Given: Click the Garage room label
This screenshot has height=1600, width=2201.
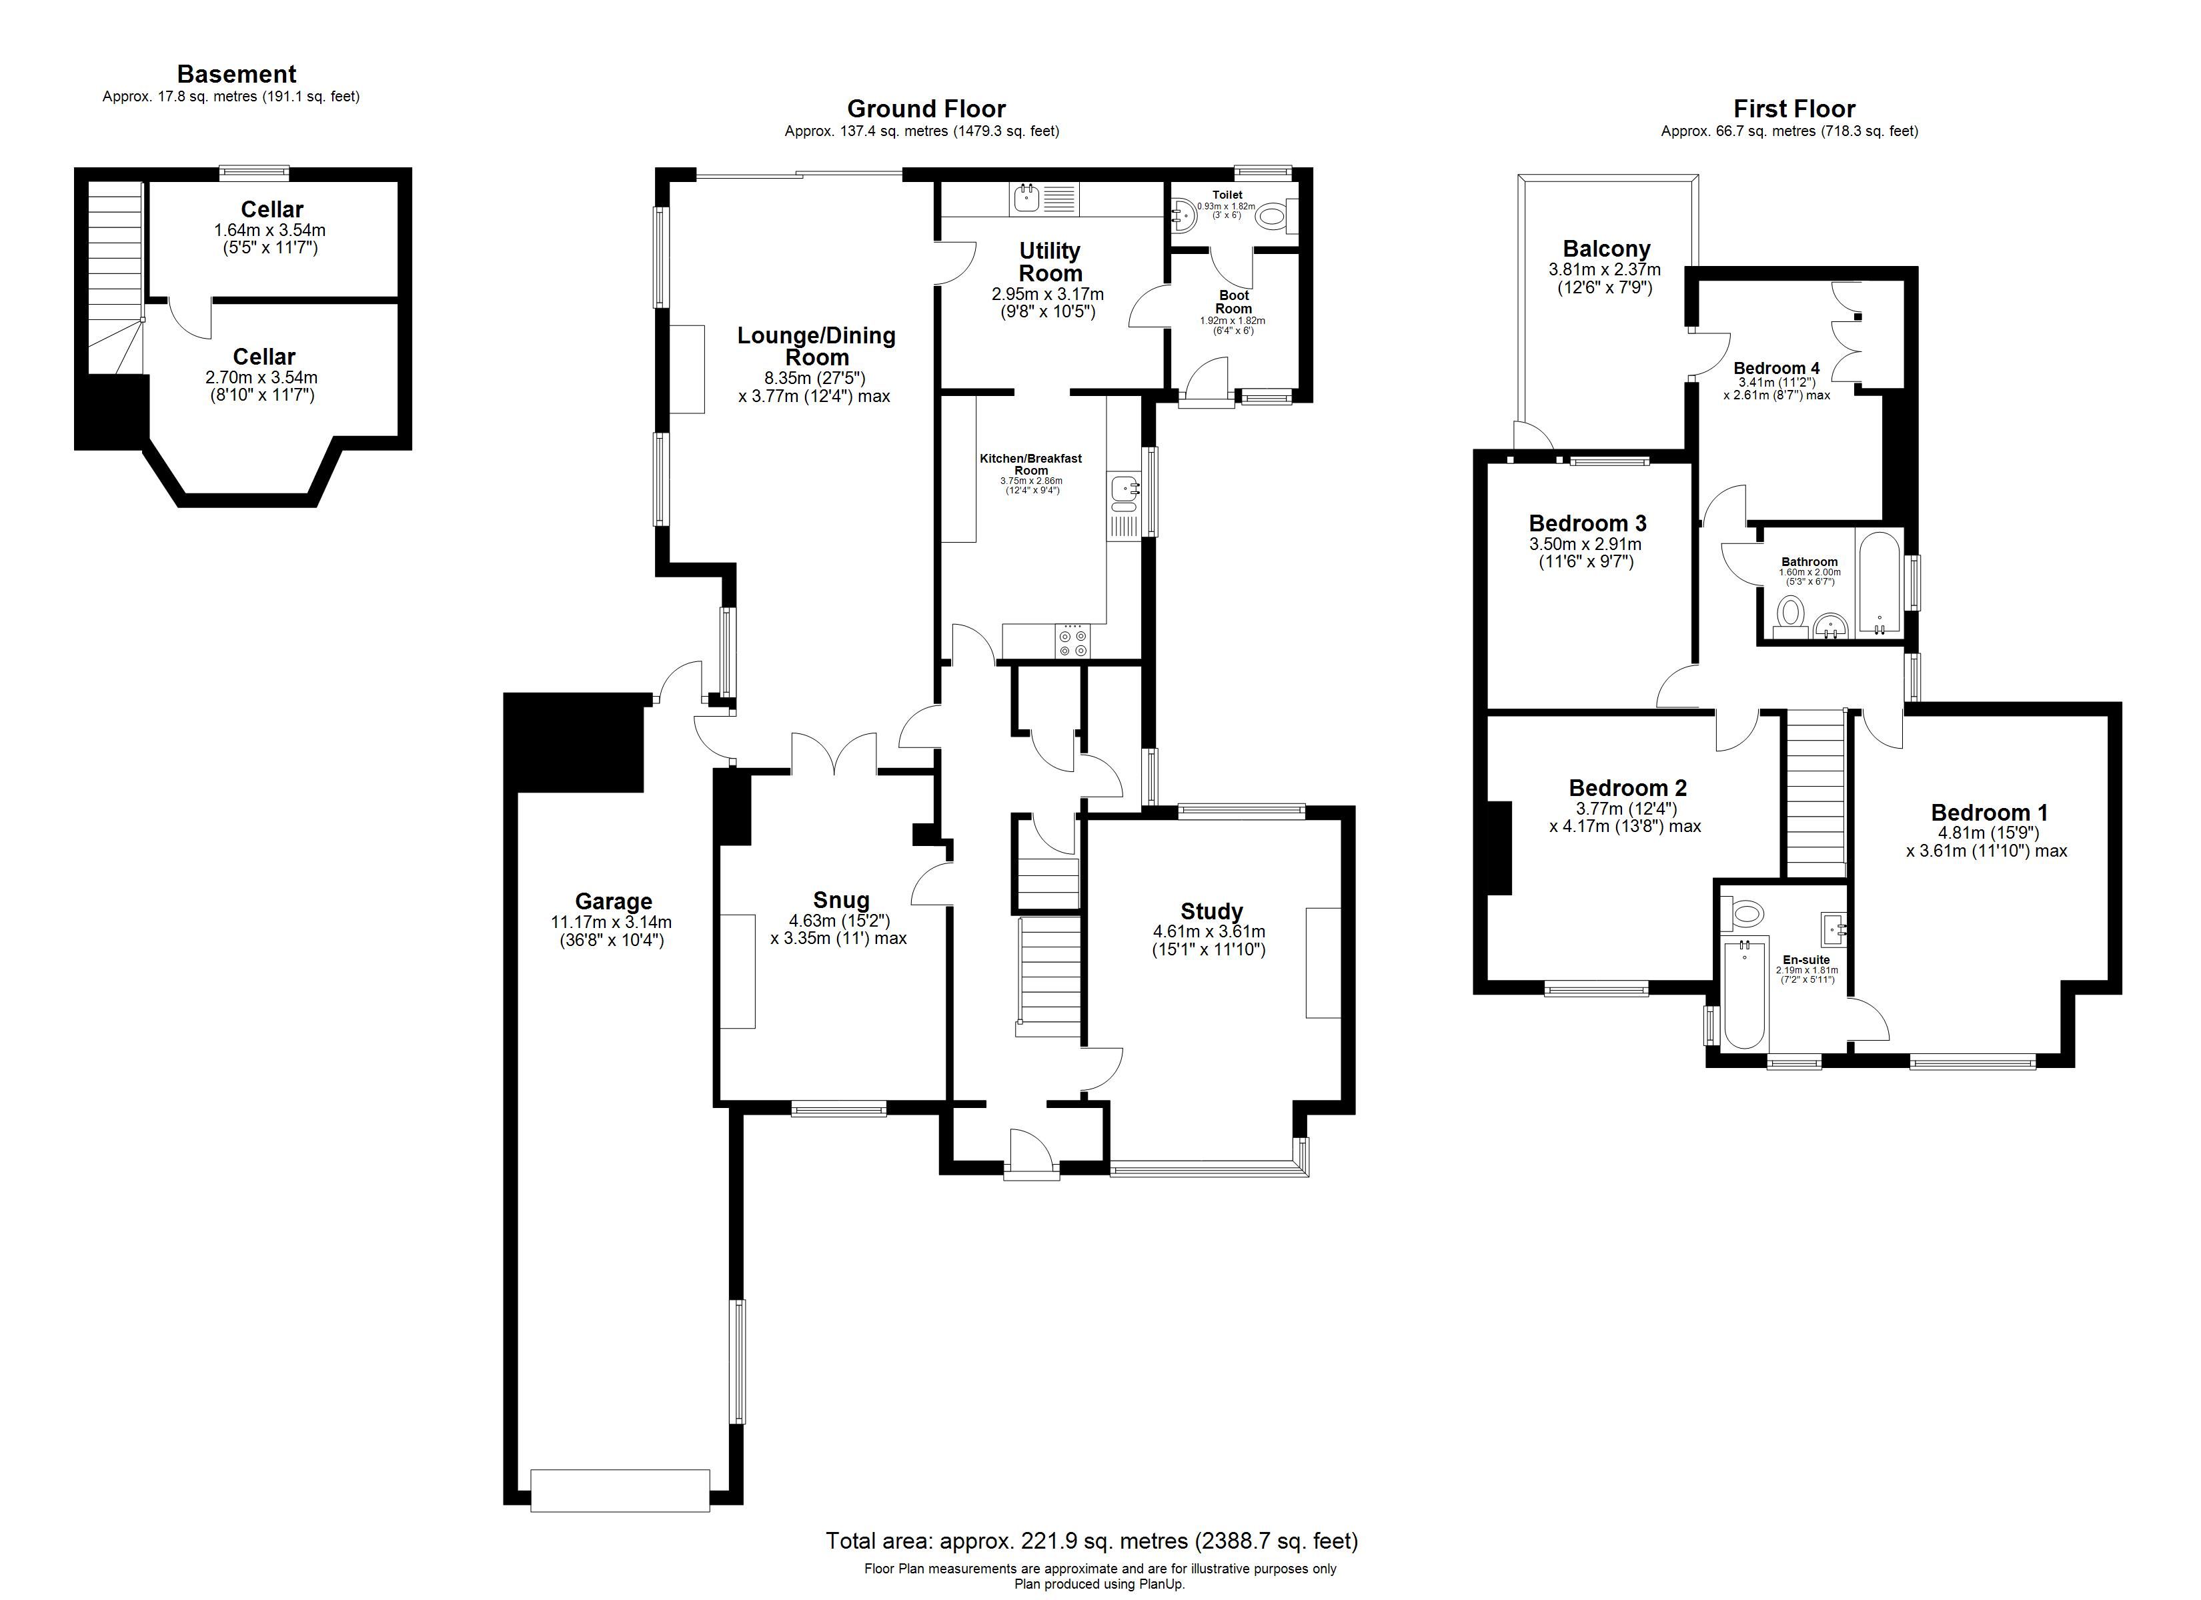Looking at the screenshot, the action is coord(614,901).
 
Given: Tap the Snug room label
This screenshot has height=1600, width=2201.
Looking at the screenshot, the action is coord(842,899).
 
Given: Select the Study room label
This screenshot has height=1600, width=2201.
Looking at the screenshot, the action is coord(1211,911).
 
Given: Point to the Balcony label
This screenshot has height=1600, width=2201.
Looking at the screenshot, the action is coord(1606,249).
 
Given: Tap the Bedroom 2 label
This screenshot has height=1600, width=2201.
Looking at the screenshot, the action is coord(1627,788).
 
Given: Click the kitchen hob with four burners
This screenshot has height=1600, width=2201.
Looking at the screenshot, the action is coord(1072,641).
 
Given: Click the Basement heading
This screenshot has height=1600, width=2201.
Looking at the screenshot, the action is coord(236,75).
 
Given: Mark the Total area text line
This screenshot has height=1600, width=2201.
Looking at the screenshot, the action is coord(1092,1540).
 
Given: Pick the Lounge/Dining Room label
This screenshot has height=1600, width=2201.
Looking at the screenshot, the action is coord(816,345).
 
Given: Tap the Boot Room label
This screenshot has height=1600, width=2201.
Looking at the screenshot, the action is coord(1233,302).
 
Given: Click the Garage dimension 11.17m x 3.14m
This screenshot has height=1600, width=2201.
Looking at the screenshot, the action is coord(612,923).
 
